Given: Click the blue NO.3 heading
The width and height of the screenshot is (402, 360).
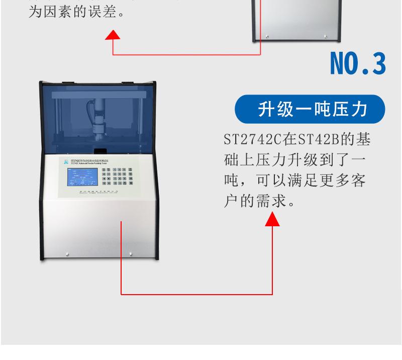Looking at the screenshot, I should tap(358, 63).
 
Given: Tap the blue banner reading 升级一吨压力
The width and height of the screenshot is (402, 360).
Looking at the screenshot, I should tap(310, 109).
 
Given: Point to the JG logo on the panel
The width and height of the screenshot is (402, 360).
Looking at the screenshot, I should tap(65, 161).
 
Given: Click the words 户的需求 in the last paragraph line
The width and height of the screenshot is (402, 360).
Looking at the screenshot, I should tap(250, 202).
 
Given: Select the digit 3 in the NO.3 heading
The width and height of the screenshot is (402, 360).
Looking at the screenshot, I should tap(377, 63).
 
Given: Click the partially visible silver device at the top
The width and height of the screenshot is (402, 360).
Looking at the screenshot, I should tap(295, 20).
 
